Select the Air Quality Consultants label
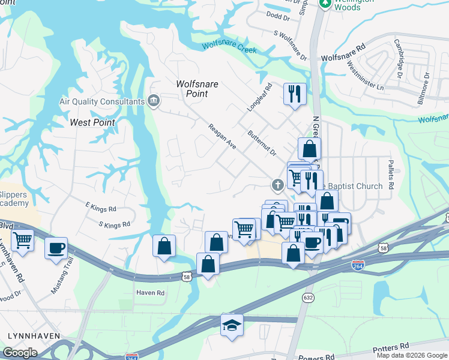pos(101,102)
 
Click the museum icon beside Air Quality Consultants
pos(154,100)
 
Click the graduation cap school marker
pos(232,325)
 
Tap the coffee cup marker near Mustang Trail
pos(56,248)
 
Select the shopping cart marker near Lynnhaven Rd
pos(23,240)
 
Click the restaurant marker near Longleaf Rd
pos(295,94)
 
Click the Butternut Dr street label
pos(261,143)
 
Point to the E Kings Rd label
pos(100,209)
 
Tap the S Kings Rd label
pos(113,225)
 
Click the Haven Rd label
pos(149,293)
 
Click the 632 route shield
pos(309,297)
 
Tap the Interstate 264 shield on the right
pos(357,264)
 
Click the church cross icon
pos(277,184)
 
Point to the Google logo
pos(20,353)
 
